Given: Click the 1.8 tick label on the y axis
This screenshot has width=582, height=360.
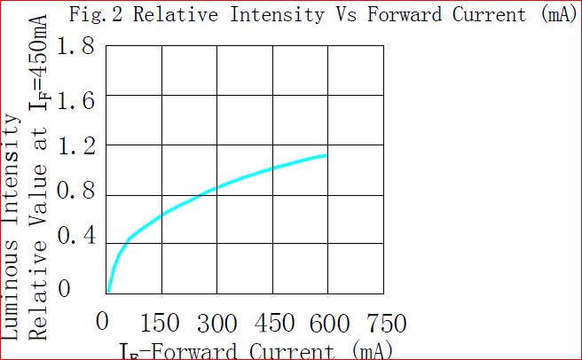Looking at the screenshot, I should click(x=75, y=47).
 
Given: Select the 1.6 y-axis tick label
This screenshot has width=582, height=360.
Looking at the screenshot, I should click(x=75, y=100).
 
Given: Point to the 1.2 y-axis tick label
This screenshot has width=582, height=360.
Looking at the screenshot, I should click(x=75, y=146).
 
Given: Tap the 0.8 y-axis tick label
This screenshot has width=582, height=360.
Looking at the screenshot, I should click(x=75, y=193).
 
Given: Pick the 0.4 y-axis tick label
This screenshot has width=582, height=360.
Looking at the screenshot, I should click(x=75, y=239).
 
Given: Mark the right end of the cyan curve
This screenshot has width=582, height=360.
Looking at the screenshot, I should click(x=326, y=155).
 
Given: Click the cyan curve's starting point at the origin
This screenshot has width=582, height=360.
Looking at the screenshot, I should click(x=107, y=291).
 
